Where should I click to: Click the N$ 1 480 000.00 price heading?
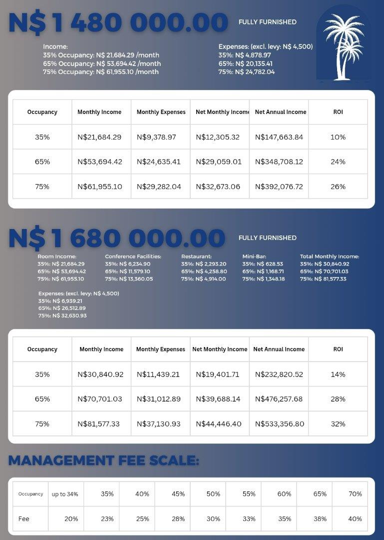[x=118, y=22]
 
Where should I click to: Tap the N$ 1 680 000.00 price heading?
[x=117, y=238]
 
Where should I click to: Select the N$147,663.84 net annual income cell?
[x=279, y=137]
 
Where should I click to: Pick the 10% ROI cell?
[x=338, y=137]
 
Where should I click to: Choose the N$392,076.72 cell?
[x=279, y=186]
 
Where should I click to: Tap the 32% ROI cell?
[x=338, y=424]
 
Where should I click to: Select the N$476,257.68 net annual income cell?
[x=279, y=399]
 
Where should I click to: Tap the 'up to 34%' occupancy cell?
[x=65, y=494]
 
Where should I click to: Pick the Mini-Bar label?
[x=254, y=256]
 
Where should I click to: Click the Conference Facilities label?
[x=133, y=256]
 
